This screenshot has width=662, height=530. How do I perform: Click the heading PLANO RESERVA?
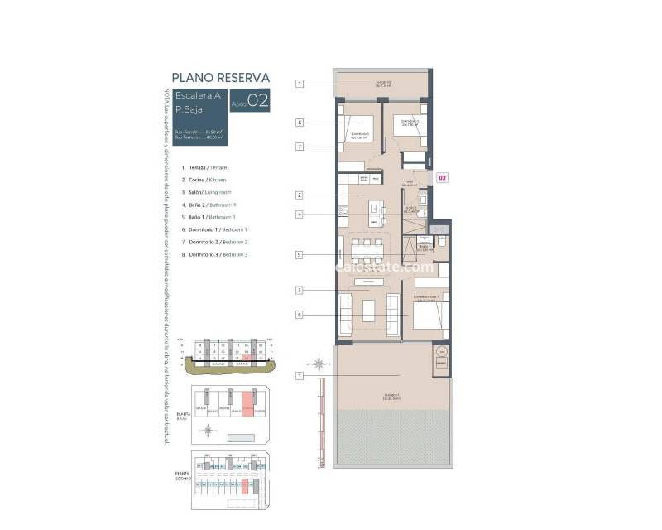coord(220,78)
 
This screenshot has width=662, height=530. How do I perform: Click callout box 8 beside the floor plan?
coord(300,123)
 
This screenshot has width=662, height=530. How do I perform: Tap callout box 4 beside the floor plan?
coord(300,214)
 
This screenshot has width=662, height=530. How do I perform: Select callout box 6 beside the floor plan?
coord(300,315)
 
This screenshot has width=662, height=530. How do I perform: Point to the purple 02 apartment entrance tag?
coord(443,177)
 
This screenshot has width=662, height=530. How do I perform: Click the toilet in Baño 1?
coord(442,241)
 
